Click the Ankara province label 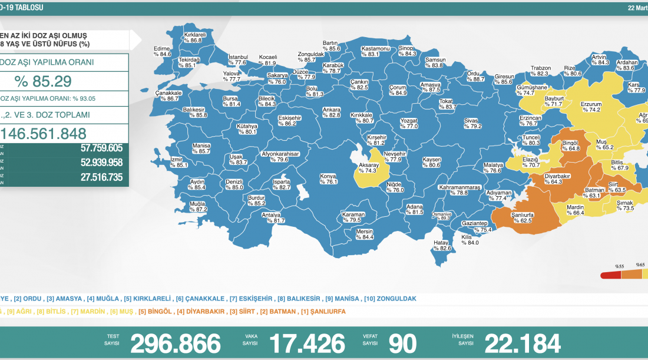[x=332, y=112]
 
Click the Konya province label [x=328, y=179]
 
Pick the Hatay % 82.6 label [x=442, y=245]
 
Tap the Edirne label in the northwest [x=162, y=51]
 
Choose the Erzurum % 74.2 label [x=590, y=107]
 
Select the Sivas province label [x=472, y=123]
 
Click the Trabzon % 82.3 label [x=540, y=71]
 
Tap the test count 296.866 [x=176, y=343]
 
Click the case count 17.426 [x=307, y=343]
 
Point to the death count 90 [x=402, y=343]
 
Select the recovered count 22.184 [x=523, y=343]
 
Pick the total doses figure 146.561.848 [x=45, y=133]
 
